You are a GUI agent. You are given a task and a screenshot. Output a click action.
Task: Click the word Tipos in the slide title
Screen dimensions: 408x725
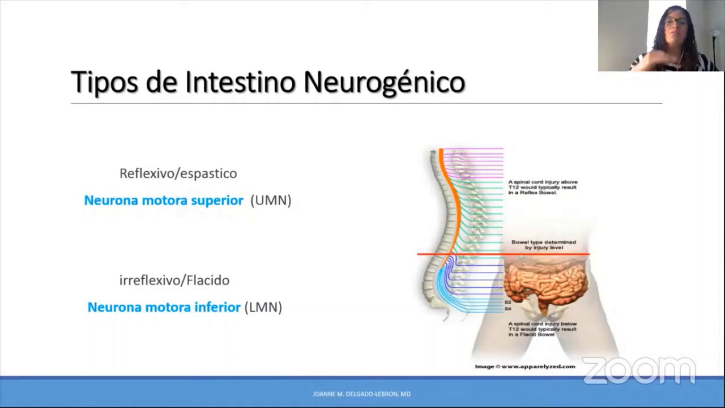105,83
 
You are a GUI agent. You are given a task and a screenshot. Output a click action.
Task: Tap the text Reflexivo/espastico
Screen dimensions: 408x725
178,173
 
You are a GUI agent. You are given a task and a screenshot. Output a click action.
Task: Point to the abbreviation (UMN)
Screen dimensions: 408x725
271,201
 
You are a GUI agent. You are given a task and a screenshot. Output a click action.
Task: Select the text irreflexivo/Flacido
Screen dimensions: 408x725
174,280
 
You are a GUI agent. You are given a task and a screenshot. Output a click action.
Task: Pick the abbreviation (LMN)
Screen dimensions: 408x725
263,307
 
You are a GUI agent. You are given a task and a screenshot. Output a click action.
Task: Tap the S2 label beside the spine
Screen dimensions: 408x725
507,303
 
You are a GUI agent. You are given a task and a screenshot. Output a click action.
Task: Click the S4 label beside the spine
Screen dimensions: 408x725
507,309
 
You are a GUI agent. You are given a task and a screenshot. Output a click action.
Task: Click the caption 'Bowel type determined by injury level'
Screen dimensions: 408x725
543,245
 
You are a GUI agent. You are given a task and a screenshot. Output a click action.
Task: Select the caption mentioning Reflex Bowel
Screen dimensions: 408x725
542,187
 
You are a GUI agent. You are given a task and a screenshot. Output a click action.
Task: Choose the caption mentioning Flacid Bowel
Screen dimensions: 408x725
542,329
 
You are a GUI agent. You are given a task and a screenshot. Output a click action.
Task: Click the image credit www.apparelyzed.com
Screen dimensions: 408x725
524,367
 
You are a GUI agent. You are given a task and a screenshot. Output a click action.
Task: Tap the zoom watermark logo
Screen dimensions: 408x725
638,371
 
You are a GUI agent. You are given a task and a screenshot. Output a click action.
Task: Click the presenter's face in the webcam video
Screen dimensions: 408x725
676,25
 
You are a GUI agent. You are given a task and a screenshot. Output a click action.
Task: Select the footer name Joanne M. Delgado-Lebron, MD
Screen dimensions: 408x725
361,394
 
